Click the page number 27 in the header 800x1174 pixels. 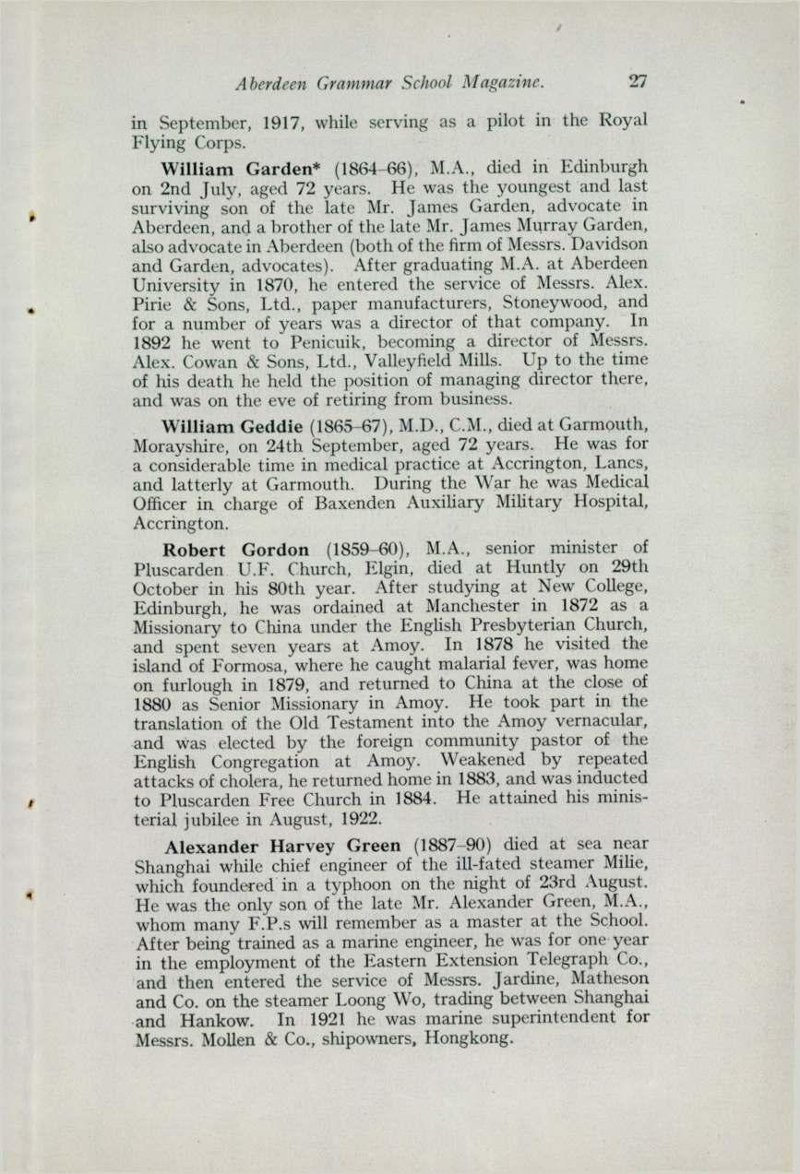click(x=638, y=81)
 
